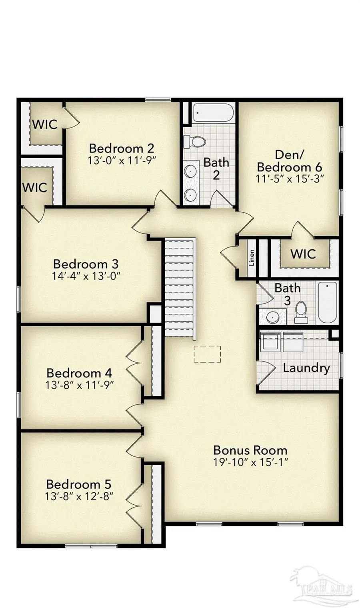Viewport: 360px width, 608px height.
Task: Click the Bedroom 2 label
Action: coord(121,148)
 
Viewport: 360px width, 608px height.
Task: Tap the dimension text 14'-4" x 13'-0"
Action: coord(86,276)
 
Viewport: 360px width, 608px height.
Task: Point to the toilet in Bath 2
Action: coord(195,141)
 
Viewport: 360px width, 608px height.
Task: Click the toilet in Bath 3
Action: coord(300,312)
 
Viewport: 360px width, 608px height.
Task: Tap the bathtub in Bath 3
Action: coord(327,303)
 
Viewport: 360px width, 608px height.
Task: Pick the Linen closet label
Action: coord(252,258)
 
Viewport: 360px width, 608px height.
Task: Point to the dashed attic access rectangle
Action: coord(207,354)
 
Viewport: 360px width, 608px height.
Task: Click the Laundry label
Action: coord(306,367)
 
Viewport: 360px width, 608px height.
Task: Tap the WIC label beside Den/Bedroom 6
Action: coord(303,254)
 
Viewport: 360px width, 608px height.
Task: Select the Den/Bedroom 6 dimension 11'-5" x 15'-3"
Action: coord(289,179)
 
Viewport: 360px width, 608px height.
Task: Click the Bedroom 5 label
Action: coord(78,484)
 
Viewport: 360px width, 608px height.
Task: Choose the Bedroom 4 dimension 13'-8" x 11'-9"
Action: coord(80,385)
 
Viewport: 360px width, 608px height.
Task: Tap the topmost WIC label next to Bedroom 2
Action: coord(44,124)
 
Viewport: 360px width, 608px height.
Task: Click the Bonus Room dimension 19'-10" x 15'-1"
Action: coord(250,462)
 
